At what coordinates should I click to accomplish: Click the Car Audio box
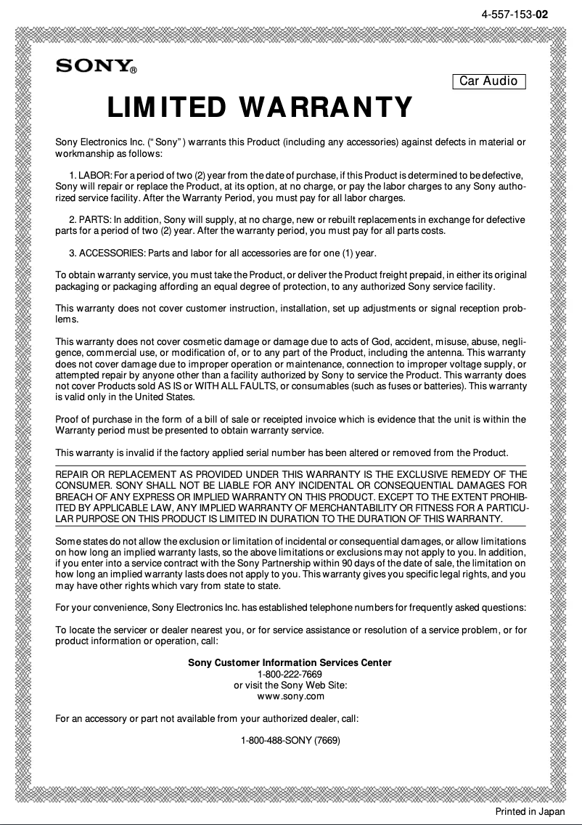point(488,81)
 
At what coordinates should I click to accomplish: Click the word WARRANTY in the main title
point(326,108)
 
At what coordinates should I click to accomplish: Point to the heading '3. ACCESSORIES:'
point(107,253)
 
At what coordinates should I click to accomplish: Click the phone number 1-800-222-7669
point(290,674)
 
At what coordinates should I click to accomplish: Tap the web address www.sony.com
point(290,696)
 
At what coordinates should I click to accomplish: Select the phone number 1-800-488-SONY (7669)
point(290,741)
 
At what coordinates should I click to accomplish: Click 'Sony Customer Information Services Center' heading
point(290,662)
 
